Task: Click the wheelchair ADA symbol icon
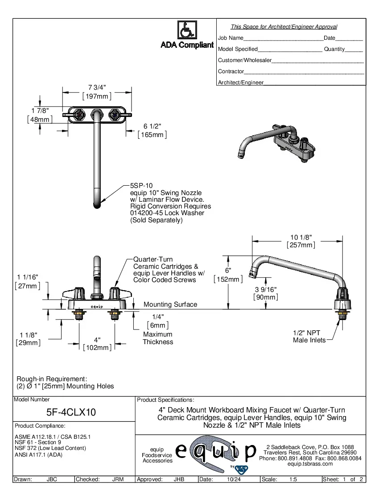(x=187, y=30)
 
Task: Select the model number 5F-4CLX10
(x=71, y=412)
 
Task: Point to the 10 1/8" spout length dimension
(x=301, y=237)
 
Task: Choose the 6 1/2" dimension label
(x=152, y=126)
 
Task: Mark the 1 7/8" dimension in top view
(x=40, y=110)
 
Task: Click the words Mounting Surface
(x=170, y=304)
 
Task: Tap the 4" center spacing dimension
(x=97, y=340)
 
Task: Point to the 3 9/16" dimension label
(x=267, y=289)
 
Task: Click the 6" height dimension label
(x=228, y=270)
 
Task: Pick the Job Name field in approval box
(x=231, y=38)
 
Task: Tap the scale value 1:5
(x=293, y=479)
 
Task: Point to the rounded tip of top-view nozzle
(x=97, y=206)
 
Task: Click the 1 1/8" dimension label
(x=28, y=335)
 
